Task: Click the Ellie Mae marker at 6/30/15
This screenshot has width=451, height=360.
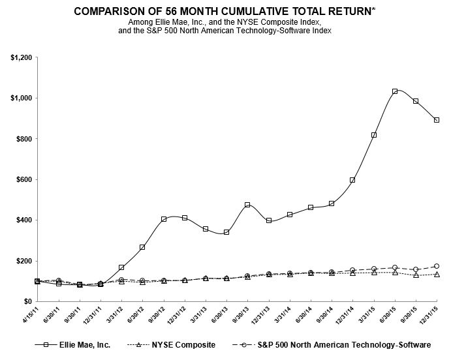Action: [x=395, y=91]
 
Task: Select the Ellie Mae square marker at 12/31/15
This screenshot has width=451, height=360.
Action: [x=437, y=120]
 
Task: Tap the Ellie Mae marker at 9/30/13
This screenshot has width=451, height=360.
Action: [x=247, y=205]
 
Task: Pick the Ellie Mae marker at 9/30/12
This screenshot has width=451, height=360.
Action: [x=164, y=219]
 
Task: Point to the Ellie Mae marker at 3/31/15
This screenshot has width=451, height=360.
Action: [x=374, y=135]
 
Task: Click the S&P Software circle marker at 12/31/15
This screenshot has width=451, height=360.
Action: [x=437, y=266]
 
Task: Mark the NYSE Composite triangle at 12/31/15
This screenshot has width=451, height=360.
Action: [x=437, y=275]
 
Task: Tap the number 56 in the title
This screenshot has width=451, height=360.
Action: [x=164, y=12]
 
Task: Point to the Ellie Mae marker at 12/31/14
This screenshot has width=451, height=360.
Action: [x=352, y=180]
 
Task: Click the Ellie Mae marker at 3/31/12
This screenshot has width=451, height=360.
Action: [x=122, y=267]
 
